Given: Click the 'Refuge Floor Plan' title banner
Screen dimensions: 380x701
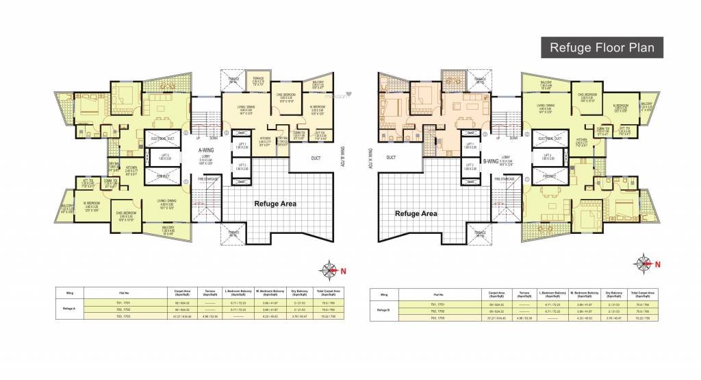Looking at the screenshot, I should click(603, 47).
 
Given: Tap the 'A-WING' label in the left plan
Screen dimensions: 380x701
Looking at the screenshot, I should click(208, 150).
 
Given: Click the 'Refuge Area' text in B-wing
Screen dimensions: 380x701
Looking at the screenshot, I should click(416, 213).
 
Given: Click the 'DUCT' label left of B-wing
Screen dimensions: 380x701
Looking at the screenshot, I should click(391, 157).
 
